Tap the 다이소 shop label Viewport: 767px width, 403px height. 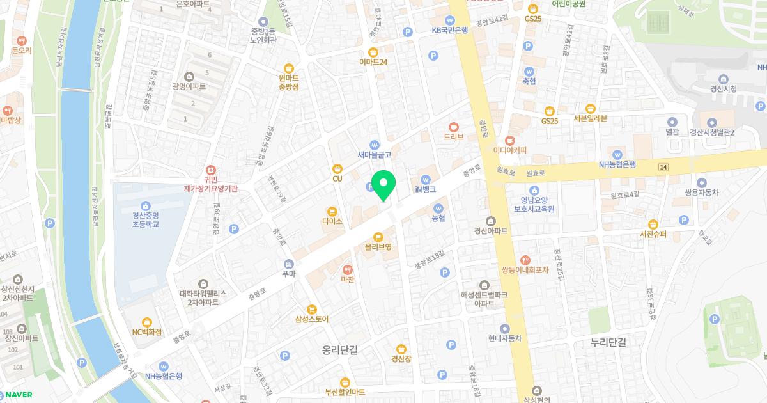tap(332, 221)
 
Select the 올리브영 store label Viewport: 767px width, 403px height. tap(378, 246)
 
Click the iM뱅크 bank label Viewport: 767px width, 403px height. tap(425, 189)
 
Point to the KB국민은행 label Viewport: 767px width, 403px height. tap(450, 29)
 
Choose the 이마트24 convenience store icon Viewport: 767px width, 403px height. tap(373, 52)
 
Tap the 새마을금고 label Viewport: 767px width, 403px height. tap(374, 154)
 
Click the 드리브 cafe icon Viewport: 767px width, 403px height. tap(454, 127)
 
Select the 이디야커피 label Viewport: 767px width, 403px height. tap(509, 150)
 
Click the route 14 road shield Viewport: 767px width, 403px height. tap(663, 166)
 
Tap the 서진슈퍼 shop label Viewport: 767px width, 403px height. tap(653, 234)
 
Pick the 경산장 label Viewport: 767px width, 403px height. tap(401, 358)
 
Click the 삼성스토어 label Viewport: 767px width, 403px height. tap(311, 319)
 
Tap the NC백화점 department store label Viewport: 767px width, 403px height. tap(147, 332)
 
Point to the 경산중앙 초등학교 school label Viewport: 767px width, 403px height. tap(146, 219)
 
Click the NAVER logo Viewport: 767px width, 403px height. tap(17, 395)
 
